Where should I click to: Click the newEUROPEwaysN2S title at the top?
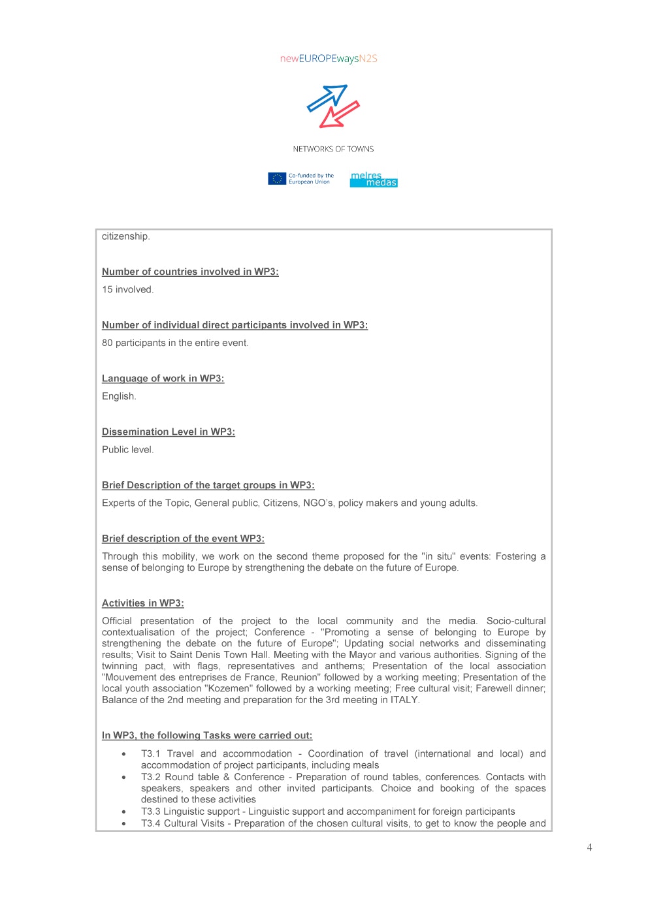click(329, 59)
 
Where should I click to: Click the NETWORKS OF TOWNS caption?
click(333, 150)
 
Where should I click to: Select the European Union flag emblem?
click(277, 179)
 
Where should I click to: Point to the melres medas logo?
click(374, 180)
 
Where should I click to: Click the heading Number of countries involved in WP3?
click(190, 272)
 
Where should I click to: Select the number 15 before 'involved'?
click(107, 290)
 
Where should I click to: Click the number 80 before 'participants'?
click(107, 343)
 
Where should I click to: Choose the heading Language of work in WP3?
click(163, 379)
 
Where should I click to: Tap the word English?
click(118, 396)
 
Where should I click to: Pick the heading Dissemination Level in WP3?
click(168, 432)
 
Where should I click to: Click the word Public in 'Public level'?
click(114, 450)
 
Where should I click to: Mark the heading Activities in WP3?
click(142, 604)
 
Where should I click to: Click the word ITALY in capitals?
click(404, 700)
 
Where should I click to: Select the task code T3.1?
click(150, 754)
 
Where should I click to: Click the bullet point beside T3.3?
click(123, 812)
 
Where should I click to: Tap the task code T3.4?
click(150, 824)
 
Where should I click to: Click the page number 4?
click(589, 847)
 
